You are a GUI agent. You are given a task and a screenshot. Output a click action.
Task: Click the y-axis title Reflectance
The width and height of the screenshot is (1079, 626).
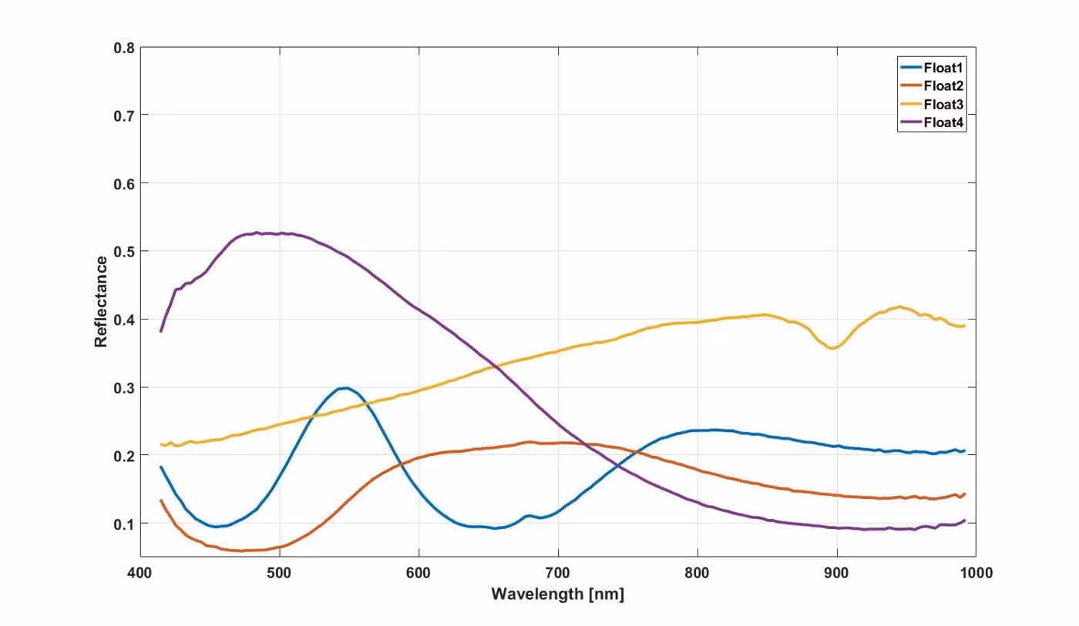(101, 301)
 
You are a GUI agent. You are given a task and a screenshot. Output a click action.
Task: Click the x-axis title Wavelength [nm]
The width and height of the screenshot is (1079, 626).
(557, 594)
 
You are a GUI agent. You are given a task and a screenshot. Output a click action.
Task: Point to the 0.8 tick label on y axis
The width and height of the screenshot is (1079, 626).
(125, 48)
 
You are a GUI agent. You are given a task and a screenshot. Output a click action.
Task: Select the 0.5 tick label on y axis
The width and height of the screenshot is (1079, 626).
(125, 252)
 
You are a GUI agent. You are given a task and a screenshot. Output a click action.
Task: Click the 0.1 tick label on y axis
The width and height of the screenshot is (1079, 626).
(125, 524)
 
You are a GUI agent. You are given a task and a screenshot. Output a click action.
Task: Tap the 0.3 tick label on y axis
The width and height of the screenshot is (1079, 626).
(125, 388)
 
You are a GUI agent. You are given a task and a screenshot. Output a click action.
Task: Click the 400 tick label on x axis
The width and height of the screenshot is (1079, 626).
(140, 574)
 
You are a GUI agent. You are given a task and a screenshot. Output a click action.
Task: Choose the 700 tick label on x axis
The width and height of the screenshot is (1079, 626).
(558, 574)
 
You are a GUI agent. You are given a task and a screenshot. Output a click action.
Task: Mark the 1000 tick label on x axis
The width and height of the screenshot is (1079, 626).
(974, 574)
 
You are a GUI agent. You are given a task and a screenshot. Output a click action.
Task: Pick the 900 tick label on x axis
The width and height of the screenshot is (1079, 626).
(836, 574)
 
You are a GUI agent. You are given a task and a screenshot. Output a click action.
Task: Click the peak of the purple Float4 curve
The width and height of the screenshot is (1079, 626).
(257, 233)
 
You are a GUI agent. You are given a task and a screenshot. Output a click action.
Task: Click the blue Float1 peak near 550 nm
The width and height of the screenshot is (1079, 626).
(346, 388)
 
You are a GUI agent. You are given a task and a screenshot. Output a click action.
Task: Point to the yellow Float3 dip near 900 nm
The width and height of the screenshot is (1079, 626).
(832, 348)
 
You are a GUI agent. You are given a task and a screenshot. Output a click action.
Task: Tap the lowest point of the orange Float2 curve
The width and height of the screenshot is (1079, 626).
(241, 551)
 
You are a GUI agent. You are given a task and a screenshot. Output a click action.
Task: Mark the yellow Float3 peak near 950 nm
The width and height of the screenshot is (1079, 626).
(899, 306)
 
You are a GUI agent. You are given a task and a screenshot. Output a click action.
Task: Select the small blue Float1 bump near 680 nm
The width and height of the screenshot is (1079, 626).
(529, 515)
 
